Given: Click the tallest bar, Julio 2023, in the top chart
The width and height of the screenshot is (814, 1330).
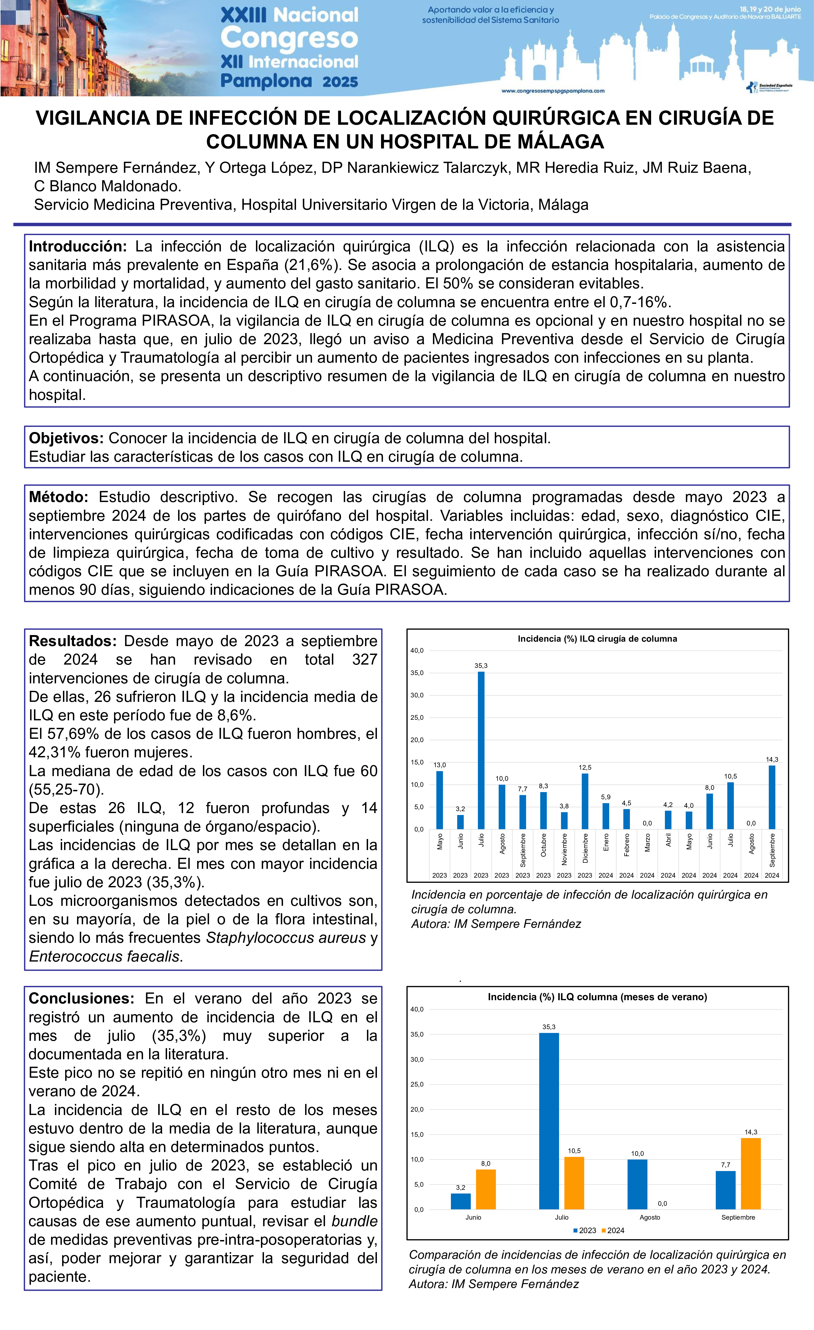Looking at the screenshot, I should pos(481,750).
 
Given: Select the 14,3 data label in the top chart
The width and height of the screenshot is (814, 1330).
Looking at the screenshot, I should pos(772,760).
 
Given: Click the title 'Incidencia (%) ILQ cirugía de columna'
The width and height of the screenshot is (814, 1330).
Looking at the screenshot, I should pos(597,639).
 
